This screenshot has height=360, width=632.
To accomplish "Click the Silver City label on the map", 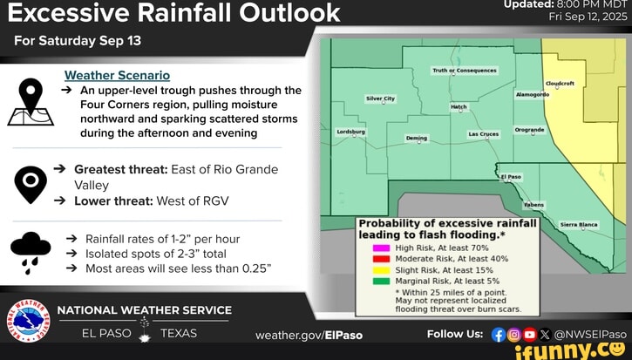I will (x=380, y=99).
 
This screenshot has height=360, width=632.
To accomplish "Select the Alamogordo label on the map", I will (x=533, y=94).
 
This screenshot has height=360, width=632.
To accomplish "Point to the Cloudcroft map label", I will (x=560, y=83).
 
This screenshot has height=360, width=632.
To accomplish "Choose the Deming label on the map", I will (x=417, y=138).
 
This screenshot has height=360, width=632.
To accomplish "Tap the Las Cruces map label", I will (x=483, y=134).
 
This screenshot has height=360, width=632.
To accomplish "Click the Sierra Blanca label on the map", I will (x=579, y=224).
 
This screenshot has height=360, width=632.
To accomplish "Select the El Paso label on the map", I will (x=511, y=176).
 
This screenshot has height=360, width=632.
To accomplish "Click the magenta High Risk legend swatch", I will (x=380, y=248).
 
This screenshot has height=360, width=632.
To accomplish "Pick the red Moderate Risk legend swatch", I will (x=380, y=259).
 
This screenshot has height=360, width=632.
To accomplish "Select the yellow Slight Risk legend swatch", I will (x=380, y=269).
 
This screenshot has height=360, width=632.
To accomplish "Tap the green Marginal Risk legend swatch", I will (x=380, y=280).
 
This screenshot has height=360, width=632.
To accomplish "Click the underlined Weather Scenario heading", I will (x=117, y=76).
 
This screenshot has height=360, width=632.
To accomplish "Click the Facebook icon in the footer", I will (x=499, y=334).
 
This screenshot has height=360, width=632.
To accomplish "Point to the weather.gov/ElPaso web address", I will (x=309, y=335).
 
